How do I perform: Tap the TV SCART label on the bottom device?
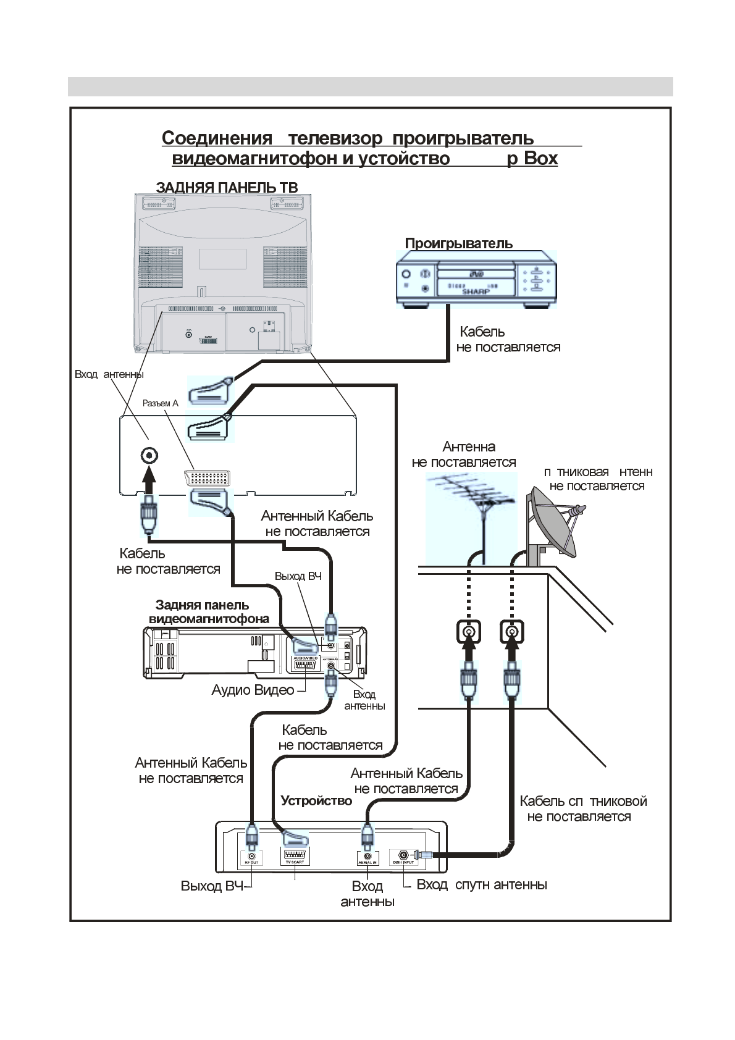click(x=295, y=862)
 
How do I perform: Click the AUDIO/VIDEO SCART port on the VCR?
click(x=305, y=665)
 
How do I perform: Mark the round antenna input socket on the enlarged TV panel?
click(x=149, y=456)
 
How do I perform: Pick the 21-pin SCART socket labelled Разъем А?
click(x=207, y=479)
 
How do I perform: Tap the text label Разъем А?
click(x=160, y=403)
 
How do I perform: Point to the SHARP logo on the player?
click(x=476, y=291)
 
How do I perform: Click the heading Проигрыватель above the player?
click(x=458, y=243)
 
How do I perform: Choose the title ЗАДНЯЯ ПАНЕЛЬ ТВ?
click(x=227, y=187)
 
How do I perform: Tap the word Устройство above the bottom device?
click(x=316, y=801)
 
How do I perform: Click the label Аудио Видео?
click(x=253, y=690)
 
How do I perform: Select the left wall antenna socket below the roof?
click(x=469, y=632)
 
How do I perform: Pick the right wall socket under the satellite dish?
click(x=511, y=632)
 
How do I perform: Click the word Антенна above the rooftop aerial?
click(x=469, y=447)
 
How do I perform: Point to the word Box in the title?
click(x=541, y=159)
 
